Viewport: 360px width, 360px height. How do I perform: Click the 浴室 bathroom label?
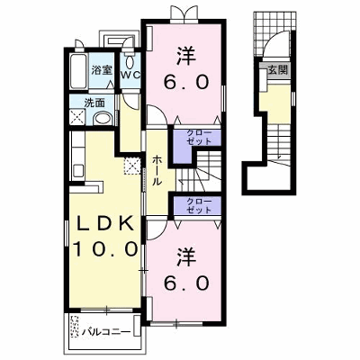click(x=102, y=71)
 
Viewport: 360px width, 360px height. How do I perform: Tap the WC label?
click(x=130, y=75)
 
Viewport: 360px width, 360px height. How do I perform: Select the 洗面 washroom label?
click(x=94, y=103)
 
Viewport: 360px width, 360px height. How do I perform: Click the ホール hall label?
click(x=157, y=170)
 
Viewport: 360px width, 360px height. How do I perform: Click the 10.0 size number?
click(x=105, y=248)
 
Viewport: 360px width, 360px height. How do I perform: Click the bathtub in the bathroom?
click(x=79, y=71)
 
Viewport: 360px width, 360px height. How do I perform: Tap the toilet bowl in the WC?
click(x=130, y=62)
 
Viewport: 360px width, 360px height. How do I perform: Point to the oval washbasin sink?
click(x=103, y=119)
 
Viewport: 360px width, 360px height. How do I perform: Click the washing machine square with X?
click(x=77, y=117)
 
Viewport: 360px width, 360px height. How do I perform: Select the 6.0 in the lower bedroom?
click(x=186, y=283)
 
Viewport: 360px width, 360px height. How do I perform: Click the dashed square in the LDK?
click(x=132, y=166)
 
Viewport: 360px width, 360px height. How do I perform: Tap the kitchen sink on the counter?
click(x=77, y=170)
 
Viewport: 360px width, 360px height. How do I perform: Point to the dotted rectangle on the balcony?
click(x=75, y=327)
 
